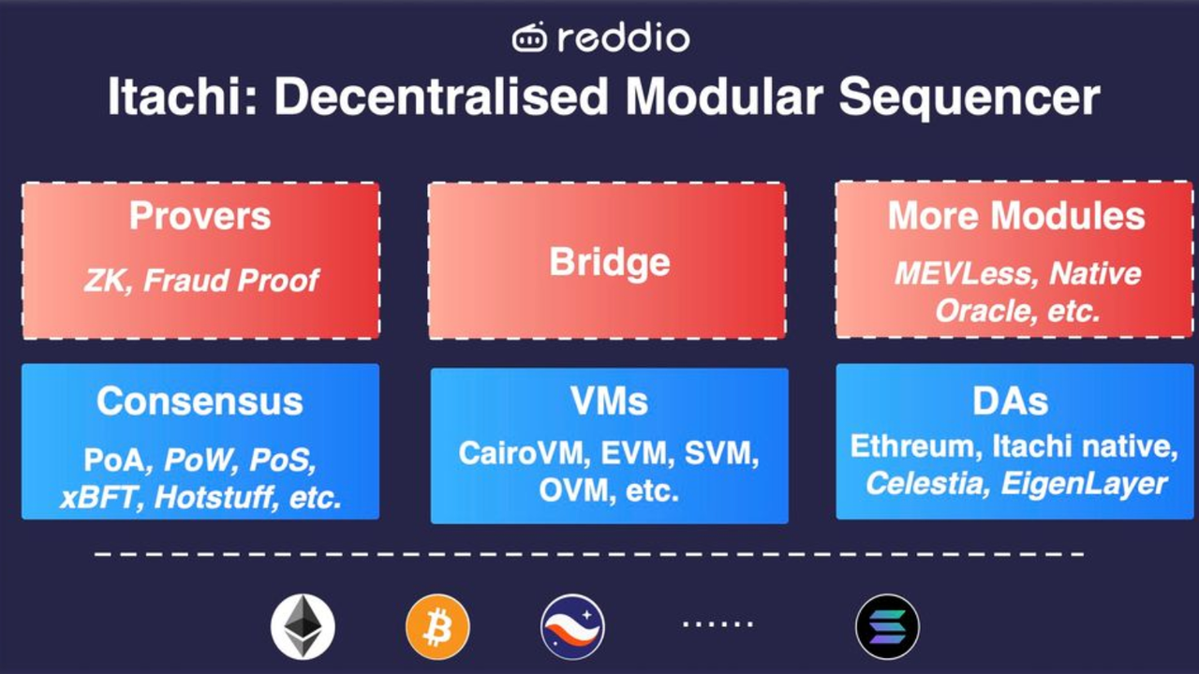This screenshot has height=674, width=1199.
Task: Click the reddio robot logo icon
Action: (529, 37)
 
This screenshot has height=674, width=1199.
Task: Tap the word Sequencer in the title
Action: (969, 97)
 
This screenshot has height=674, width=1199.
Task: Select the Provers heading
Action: (200, 215)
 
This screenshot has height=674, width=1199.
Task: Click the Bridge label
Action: (609, 262)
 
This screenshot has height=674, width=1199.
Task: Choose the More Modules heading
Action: (1015, 216)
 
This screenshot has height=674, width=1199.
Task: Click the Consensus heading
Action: (200, 401)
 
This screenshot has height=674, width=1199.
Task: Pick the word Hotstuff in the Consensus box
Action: (213, 496)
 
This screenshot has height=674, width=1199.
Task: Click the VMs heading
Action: (609, 401)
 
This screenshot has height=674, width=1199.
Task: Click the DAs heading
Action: (1010, 401)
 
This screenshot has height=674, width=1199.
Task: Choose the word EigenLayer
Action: (1084, 483)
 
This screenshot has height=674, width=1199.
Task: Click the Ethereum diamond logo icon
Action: (303, 627)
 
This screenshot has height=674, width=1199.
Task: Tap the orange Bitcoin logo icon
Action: (437, 627)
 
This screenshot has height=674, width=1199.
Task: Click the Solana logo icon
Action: (887, 627)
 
